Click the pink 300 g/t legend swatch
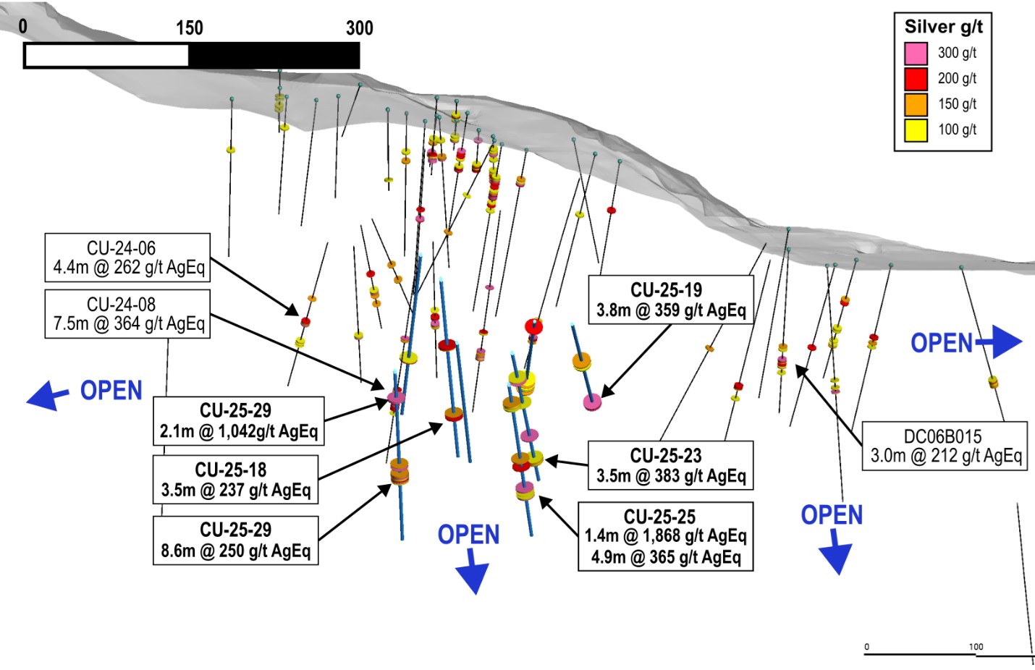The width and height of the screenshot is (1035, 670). [x=916, y=53]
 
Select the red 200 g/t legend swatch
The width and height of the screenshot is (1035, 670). [x=916, y=78]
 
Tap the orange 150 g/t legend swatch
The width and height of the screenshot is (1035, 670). [x=916, y=104]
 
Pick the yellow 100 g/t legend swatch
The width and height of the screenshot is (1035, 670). [x=916, y=130]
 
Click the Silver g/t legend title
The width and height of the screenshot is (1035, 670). [x=943, y=27]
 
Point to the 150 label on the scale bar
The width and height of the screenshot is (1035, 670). [x=190, y=28]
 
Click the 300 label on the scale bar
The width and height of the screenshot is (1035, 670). [x=360, y=28]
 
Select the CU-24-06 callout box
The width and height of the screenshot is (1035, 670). [x=127, y=258]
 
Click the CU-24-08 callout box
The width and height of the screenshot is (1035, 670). [x=127, y=314]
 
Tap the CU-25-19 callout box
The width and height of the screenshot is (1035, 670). [x=670, y=300]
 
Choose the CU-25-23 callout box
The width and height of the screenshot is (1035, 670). [x=670, y=465]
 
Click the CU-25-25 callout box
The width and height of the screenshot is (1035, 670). [x=665, y=536]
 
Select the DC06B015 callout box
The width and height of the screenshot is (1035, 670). [x=945, y=446]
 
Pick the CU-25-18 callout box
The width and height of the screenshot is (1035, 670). [x=235, y=479]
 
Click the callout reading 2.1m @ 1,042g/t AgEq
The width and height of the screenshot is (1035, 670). [x=238, y=420]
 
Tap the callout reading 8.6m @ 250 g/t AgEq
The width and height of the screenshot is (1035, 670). [x=235, y=540]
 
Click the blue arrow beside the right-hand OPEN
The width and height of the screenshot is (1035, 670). [x=1002, y=342]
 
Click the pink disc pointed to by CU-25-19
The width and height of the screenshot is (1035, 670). [x=593, y=402]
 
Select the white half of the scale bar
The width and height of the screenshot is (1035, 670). [x=106, y=56]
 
